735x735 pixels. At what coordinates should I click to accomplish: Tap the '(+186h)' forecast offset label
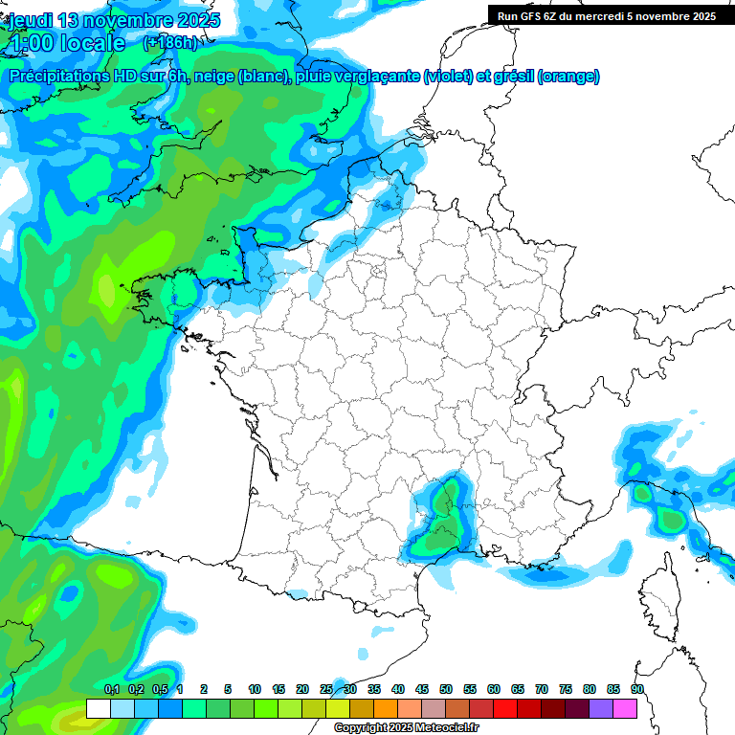pyautogui.click(x=169, y=42)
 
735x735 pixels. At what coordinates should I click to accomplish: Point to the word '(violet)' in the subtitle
pyautogui.click(x=449, y=77)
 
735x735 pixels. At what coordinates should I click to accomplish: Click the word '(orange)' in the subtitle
pyautogui.click(x=568, y=77)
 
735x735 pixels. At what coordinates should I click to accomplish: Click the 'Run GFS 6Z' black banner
pyautogui.click(x=606, y=15)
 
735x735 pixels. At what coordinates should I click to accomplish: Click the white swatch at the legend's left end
pyautogui.click(x=98, y=708)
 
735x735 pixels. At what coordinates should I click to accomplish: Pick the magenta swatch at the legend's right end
pyautogui.click(x=625, y=708)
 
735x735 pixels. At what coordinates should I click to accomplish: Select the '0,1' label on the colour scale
pyautogui.click(x=112, y=690)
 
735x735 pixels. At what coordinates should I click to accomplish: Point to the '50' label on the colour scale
pyautogui.click(x=446, y=690)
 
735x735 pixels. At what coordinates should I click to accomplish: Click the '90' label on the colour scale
pyautogui.click(x=636, y=690)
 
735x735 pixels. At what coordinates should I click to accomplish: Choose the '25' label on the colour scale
pyautogui.click(x=326, y=690)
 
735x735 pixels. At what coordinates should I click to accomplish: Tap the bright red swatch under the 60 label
pyautogui.click(x=505, y=708)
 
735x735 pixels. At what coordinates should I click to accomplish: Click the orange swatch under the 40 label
pyautogui.click(x=386, y=708)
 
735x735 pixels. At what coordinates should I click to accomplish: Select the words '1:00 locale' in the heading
pyautogui.click(x=66, y=43)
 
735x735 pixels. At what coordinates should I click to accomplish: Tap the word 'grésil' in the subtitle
pyautogui.click(x=512, y=77)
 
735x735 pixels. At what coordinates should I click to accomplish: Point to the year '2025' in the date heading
pyautogui.click(x=191, y=20)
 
